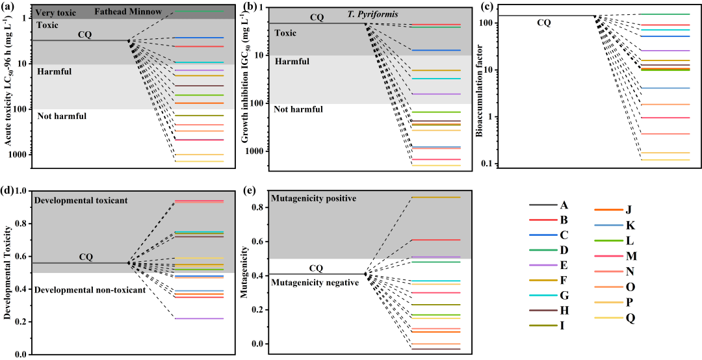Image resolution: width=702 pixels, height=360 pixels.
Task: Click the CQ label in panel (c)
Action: [544, 23]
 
